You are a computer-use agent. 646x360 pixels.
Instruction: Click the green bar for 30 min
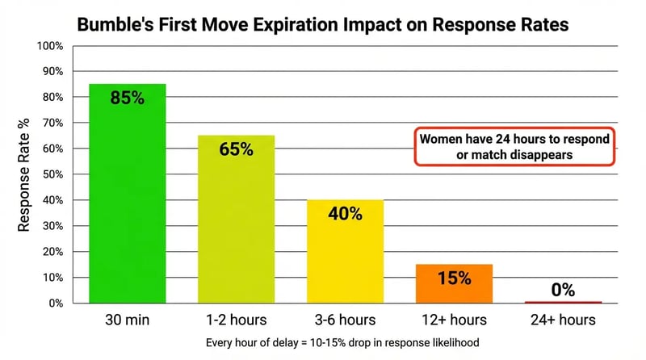[127, 194]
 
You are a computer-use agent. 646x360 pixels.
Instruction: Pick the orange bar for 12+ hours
[454, 284]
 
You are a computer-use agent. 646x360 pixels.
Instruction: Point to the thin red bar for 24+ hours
[563, 303]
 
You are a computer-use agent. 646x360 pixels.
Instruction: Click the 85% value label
[127, 98]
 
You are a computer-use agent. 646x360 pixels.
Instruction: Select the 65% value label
[236, 149]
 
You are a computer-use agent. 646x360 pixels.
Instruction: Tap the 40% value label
[345, 214]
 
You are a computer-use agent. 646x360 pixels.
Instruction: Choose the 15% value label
[454, 278]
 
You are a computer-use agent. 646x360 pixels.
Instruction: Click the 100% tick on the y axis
[50, 45]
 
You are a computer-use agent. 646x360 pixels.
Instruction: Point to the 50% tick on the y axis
[52, 174]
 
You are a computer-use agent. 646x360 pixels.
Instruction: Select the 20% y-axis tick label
[52, 252]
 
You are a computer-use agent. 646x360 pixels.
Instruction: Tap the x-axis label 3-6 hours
[345, 320]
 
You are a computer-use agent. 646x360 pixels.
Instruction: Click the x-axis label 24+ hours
[563, 320]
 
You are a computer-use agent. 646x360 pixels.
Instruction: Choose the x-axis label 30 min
[127, 320]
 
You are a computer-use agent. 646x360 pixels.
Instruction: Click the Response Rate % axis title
[24, 174]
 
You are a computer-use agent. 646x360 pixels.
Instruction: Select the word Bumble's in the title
[109, 25]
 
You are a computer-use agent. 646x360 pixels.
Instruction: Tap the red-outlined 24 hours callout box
[514, 147]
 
